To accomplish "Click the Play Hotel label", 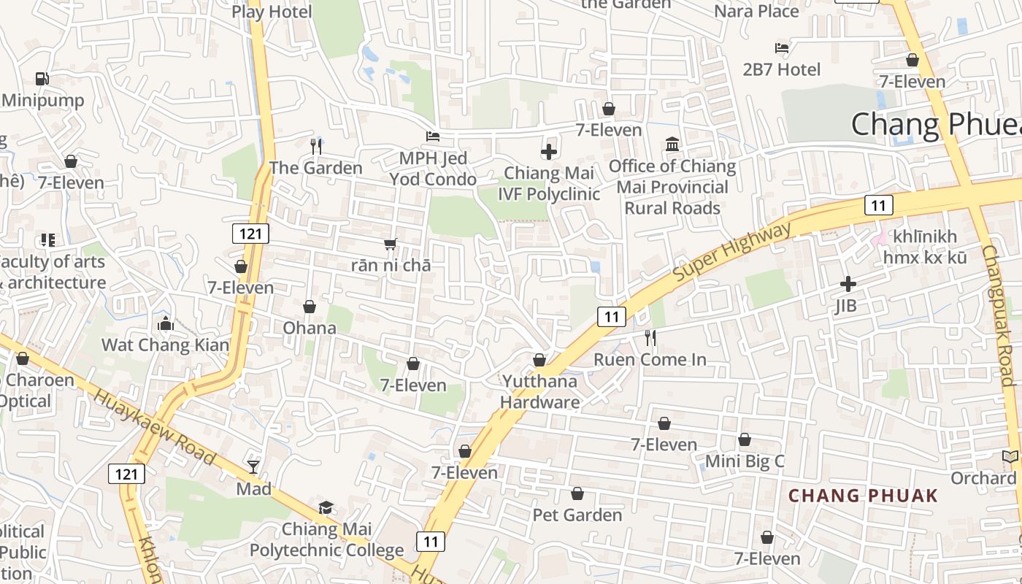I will [x=272, y=12].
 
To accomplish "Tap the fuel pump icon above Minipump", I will [x=42, y=78].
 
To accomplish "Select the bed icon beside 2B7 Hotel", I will [x=782, y=48].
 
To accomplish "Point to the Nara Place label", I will [x=756, y=11].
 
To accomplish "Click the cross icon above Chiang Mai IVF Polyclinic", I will [x=549, y=152].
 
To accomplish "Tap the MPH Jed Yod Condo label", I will [x=433, y=169].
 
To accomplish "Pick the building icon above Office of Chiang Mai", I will [x=672, y=145].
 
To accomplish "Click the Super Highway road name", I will [x=731, y=253].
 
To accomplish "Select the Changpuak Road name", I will [x=999, y=314].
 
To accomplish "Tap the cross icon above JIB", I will [x=848, y=283].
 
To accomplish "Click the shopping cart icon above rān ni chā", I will [x=391, y=244].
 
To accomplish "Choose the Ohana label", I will [x=310, y=328].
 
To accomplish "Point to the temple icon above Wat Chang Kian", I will [x=166, y=323].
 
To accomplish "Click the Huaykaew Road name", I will [x=155, y=427].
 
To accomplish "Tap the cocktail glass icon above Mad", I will [x=253, y=466].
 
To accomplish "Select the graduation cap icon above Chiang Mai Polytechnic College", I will [x=326, y=507].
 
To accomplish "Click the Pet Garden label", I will [x=577, y=515].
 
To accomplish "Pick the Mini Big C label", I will [x=744, y=461].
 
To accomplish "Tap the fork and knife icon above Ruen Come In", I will [x=650, y=337].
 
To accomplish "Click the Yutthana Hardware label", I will [x=540, y=391].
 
